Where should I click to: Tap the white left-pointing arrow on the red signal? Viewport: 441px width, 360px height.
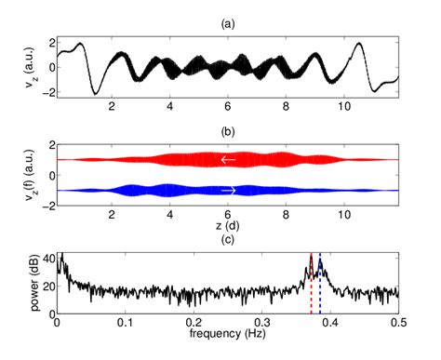click(x=228, y=160)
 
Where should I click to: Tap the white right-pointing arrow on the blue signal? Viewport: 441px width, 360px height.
click(x=228, y=191)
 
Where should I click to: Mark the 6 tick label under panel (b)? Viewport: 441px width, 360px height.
click(x=228, y=216)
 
